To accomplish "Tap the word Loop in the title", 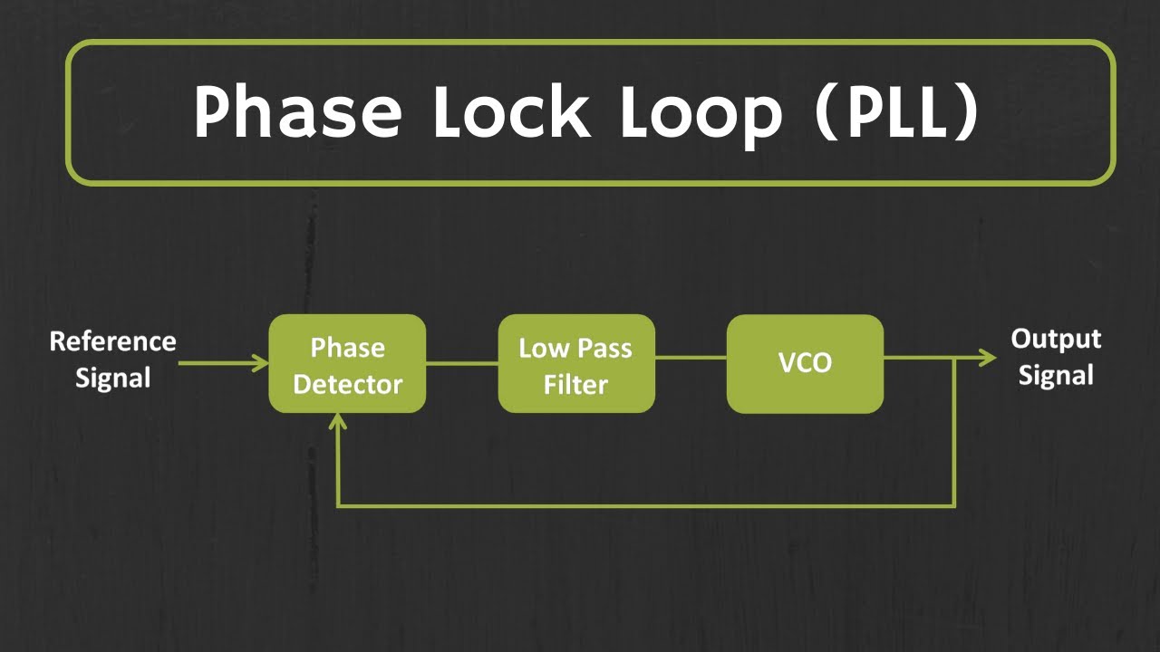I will (701, 112).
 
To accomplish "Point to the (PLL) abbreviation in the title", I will (897, 112).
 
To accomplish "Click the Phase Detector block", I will (347, 364).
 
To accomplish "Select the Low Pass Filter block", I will (576, 364).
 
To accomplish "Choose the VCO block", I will (805, 364).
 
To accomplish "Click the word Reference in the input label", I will (112, 341).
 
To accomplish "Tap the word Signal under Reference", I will (112, 378).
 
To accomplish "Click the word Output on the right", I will (1056, 340).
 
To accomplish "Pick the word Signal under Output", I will (1056, 375).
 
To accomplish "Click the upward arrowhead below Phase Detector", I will (338, 422).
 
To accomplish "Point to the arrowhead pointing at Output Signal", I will (989, 359).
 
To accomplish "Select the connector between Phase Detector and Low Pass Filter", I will (462, 363).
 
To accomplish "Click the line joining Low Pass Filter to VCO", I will (691, 358).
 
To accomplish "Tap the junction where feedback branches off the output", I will (954, 359).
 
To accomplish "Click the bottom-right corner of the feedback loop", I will (954, 505).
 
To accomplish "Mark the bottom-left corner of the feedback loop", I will (338, 505).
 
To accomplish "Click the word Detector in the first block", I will (347, 384).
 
